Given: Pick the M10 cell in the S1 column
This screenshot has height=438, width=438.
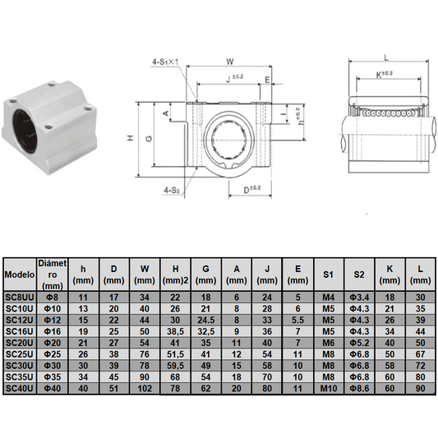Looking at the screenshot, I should click(x=328, y=388).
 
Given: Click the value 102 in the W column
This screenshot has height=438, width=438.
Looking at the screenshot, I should click(x=145, y=388).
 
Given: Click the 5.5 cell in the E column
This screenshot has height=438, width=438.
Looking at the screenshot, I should click(x=297, y=320).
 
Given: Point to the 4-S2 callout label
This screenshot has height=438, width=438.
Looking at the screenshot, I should click(x=173, y=190).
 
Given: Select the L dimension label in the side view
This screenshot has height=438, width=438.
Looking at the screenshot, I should click(x=385, y=57).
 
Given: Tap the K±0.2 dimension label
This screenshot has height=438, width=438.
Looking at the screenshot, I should click(x=384, y=74).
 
